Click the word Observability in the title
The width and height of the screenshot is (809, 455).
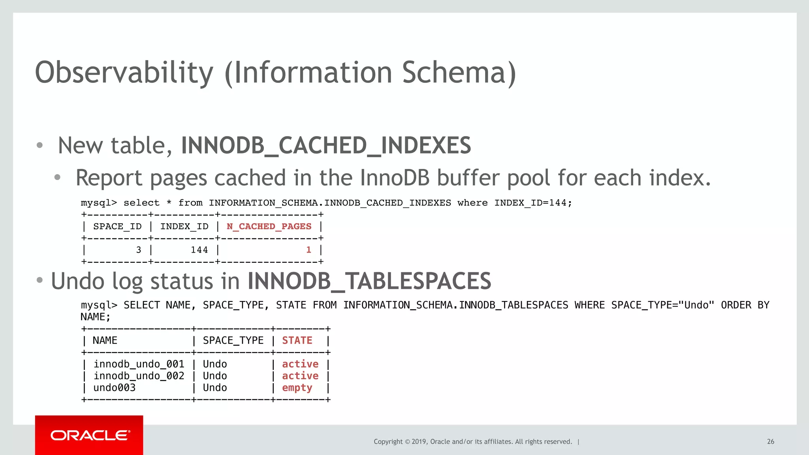point(124,73)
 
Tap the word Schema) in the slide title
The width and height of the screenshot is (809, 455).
point(459,73)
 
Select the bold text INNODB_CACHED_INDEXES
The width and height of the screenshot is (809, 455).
point(326,145)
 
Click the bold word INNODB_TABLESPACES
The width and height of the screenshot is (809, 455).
point(369,281)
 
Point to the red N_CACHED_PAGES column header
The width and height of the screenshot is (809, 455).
point(269,227)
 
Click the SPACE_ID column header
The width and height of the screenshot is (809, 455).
point(117,227)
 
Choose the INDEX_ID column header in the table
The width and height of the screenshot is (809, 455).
point(184,227)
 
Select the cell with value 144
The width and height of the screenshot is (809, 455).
point(199,250)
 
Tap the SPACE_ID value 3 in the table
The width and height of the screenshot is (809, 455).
point(139,250)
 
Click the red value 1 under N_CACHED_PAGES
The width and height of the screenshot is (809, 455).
point(309,250)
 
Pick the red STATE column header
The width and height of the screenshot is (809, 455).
point(297,341)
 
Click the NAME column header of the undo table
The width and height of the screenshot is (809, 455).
point(105,341)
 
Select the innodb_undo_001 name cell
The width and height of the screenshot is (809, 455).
point(139,364)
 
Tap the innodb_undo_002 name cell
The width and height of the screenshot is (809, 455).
point(139,376)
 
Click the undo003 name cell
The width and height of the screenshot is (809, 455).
point(115,388)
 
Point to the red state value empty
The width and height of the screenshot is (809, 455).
point(297,388)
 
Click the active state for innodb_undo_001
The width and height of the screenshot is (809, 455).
point(300,364)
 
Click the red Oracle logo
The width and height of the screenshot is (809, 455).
point(89,435)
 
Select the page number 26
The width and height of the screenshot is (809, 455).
point(770,442)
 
